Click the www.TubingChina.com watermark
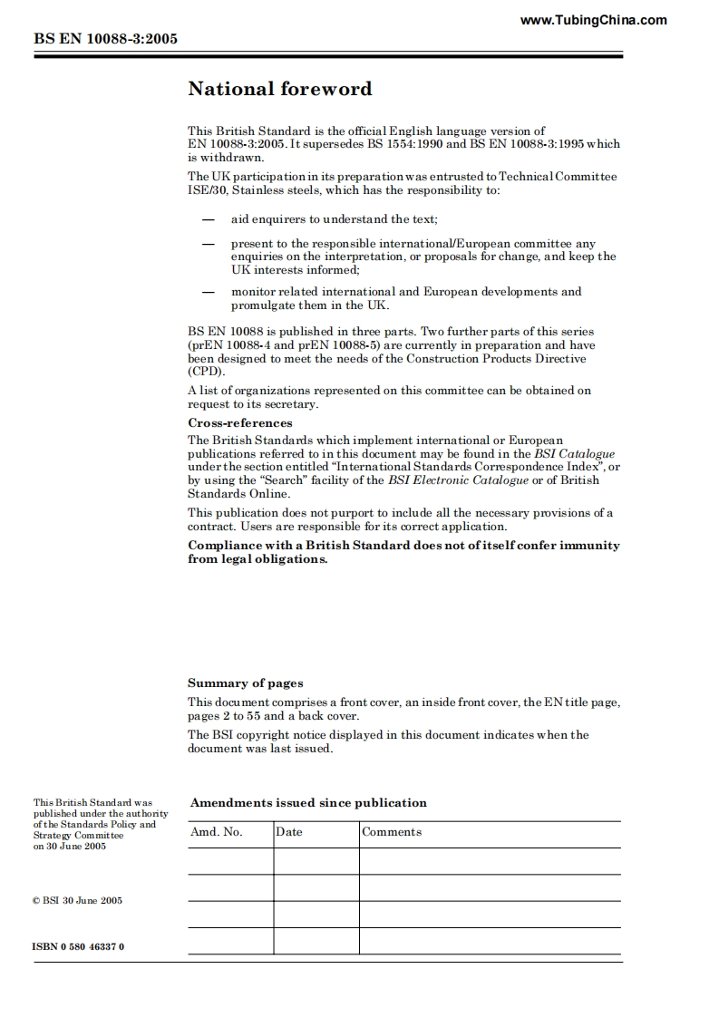[594, 20]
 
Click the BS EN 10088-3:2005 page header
[105, 39]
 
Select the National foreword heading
[279, 89]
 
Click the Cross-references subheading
[240, 423]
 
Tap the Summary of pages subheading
[246, 683]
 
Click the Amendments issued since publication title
[308, 803]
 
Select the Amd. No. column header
[217, 832]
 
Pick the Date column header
[289, 832]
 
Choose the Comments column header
[392, 832]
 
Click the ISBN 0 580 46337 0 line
[78, 947]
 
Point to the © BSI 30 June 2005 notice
[78, 901]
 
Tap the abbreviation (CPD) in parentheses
[206, 372]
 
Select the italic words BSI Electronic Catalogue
[458, 480]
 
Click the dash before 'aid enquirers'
[209, 219]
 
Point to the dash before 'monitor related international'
[209, 292]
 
